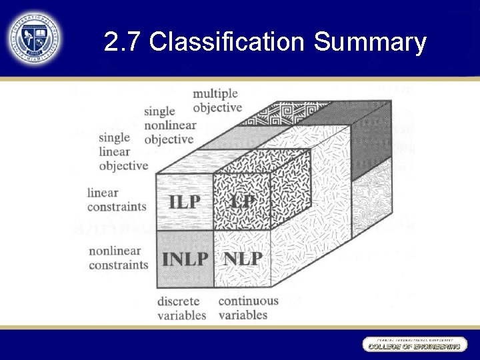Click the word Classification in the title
pos(227,43)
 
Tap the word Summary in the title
pos(370,43)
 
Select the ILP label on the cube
pos(184,201)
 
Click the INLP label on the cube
pos(185,259)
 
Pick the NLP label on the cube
pos(243,259)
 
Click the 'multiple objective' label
pos(217,100)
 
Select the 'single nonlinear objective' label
pos(169,125)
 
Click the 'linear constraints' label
pos(117,199)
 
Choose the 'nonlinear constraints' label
pos(118,258)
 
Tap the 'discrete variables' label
pos(181,308)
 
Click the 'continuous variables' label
pos(248,307)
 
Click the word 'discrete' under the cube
pos(178,301)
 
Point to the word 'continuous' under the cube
pos(248,301)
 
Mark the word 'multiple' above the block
pos(215,93)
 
